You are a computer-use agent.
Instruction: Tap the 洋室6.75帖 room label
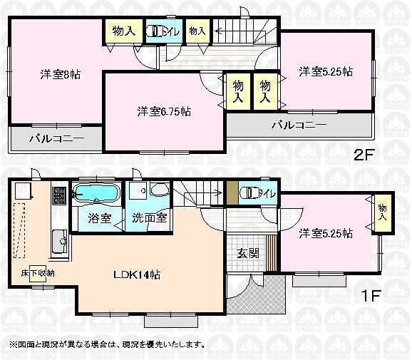163,111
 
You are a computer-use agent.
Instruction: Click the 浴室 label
99,217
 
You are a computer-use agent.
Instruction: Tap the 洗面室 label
149,217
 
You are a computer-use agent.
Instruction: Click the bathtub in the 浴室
98,192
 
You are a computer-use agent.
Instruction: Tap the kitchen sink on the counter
59,242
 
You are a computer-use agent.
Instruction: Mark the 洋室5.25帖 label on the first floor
326,232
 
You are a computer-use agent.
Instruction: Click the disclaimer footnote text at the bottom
107,344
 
